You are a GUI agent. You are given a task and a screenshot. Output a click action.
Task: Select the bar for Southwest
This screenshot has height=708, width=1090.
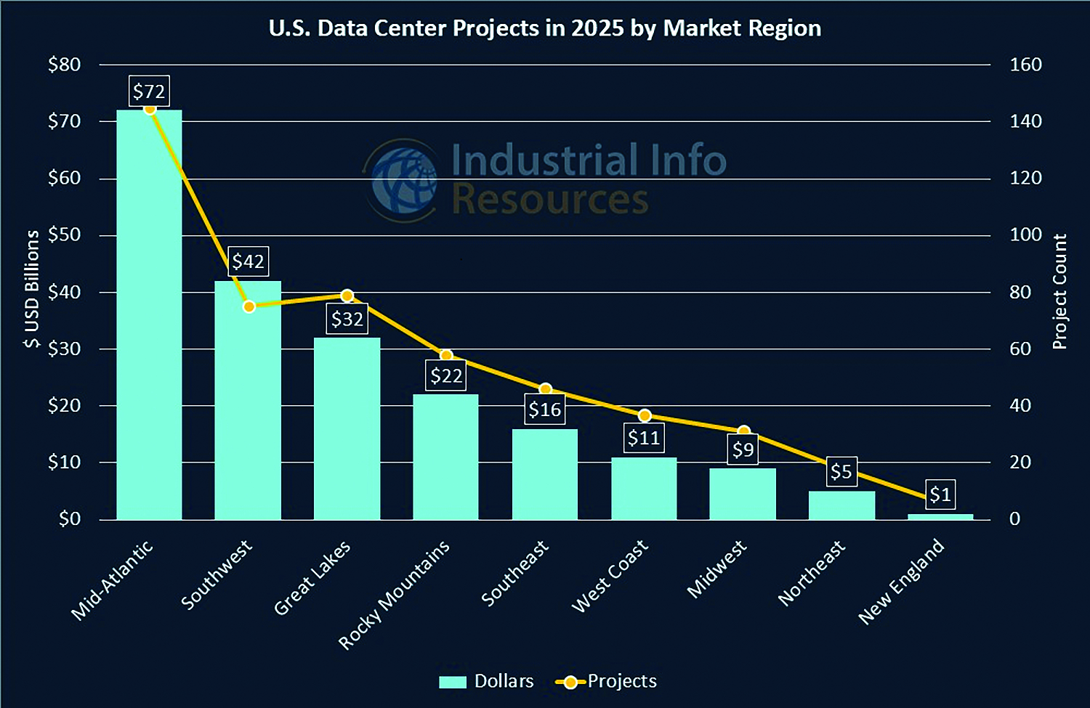pyautogui.click(x=248, y=399)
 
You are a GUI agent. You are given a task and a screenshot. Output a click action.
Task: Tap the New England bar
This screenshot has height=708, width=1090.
pyautogui.click(x=940, y=516)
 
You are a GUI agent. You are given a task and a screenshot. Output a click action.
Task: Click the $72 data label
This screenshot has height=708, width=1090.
pyautogui.click(x=149, y=91)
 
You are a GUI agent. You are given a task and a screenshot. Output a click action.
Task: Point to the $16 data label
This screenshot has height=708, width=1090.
pyautogui.click(x=545, y=410)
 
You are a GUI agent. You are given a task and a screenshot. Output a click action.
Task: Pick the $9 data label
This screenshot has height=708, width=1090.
pyautogui.click(x=743, y=450)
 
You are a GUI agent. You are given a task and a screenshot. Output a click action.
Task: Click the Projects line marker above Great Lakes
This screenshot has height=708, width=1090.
pyautogui.click(x=347, y=296)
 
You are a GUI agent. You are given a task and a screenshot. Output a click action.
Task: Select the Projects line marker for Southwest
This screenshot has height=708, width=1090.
pyautogui.click(x=249, y=306)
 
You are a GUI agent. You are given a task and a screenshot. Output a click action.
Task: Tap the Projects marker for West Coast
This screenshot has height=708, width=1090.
pyautogui.click(x=644, y=416)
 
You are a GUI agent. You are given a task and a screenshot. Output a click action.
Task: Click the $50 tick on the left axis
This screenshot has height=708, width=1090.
pyautogui.click(x=64, y=235)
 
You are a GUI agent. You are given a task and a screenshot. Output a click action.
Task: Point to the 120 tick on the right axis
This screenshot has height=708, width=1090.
pyautogui.click(x=1025, y=178)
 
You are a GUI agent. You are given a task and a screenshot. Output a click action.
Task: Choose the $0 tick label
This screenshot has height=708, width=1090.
pyautogui.click(x=70, y=518)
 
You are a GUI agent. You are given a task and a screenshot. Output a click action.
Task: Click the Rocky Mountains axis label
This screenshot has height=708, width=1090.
pyautogui.click(x=394, y=595)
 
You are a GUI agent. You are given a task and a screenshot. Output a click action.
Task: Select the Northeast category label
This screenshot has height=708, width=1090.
pyautogui.click(x=811, y=573)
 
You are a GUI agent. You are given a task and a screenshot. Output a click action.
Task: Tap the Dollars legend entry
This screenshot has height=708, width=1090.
pyautogui.click(x=487, y=681)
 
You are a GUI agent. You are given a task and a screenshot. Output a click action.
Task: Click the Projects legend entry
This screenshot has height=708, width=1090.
pyautogui.click(x=606, y=681)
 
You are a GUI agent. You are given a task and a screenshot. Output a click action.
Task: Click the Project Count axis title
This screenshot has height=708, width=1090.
pyautogui.click(x=1060, y=291)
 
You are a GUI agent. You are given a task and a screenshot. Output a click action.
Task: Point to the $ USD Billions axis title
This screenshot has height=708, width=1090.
pyautogui.click(x=32, y=289)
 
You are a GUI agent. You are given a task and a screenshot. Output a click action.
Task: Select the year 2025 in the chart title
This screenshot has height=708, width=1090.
pyautogui.click(x=597, y=28)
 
